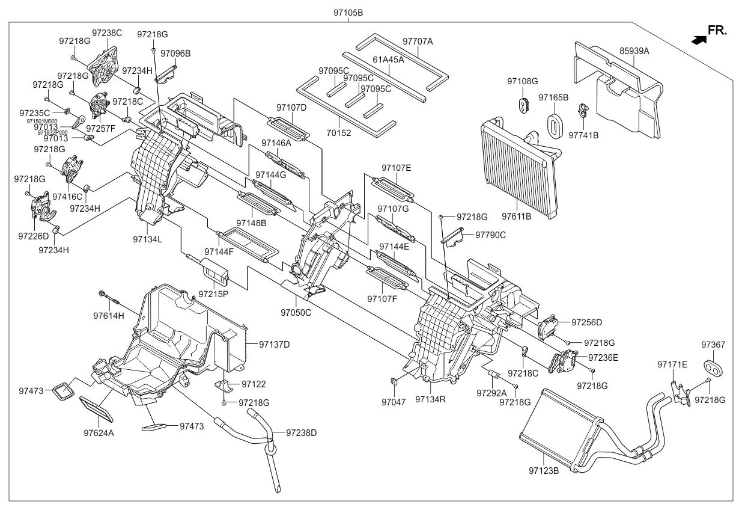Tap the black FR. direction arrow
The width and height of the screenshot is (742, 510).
699,40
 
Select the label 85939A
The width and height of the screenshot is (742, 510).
634,51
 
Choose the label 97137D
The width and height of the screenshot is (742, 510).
275,345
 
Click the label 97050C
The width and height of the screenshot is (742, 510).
296,312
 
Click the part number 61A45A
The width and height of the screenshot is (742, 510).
388,60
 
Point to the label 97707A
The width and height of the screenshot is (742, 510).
418,41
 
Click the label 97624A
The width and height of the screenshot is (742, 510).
99,432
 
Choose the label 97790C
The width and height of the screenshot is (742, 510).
491,235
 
